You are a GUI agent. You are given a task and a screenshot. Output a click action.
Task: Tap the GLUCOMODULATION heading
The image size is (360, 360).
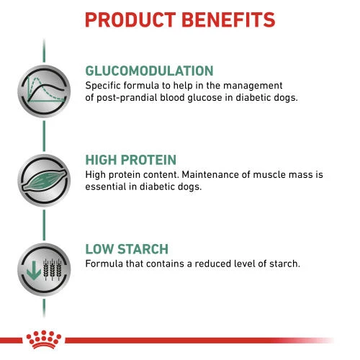149,71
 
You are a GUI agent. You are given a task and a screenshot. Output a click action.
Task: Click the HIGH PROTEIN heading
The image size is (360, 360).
130,161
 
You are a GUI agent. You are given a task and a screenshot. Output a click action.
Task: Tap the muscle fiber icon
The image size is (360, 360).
44,179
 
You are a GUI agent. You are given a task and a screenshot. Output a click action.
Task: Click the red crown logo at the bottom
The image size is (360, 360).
34,337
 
